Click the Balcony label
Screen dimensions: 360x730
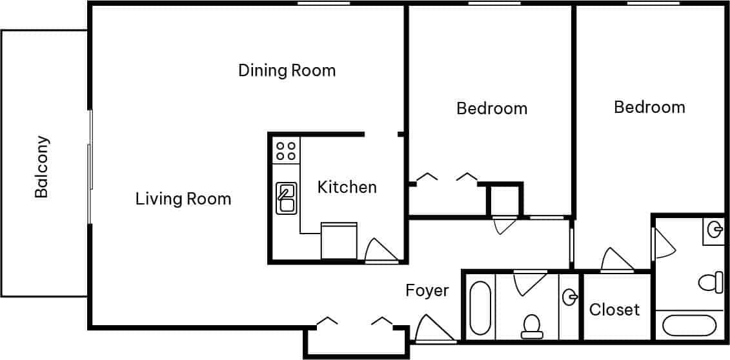(x=41, y=166)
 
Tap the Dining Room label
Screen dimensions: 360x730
(x=287, y=70)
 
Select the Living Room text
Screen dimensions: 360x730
(x=183, y=199)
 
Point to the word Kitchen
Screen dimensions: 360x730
(x=347, y=187)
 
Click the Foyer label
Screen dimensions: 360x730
(x=427, y=290)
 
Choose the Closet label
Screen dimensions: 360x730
(x=614, y=310)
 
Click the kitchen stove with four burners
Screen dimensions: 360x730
(x=286, y=151)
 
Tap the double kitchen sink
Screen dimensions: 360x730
(x=285, y=198)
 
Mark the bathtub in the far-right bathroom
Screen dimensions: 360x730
(x=689, y=325)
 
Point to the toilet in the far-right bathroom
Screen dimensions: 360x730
(x=710, y=282)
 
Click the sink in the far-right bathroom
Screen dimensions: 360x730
(x=714, y=229)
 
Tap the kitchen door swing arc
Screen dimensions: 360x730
(x=380, y=251)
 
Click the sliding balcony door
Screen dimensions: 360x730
(x=90, y=166)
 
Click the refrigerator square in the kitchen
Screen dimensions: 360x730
(x=339, y=241)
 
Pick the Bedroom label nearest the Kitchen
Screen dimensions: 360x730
(x=492, y=108)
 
